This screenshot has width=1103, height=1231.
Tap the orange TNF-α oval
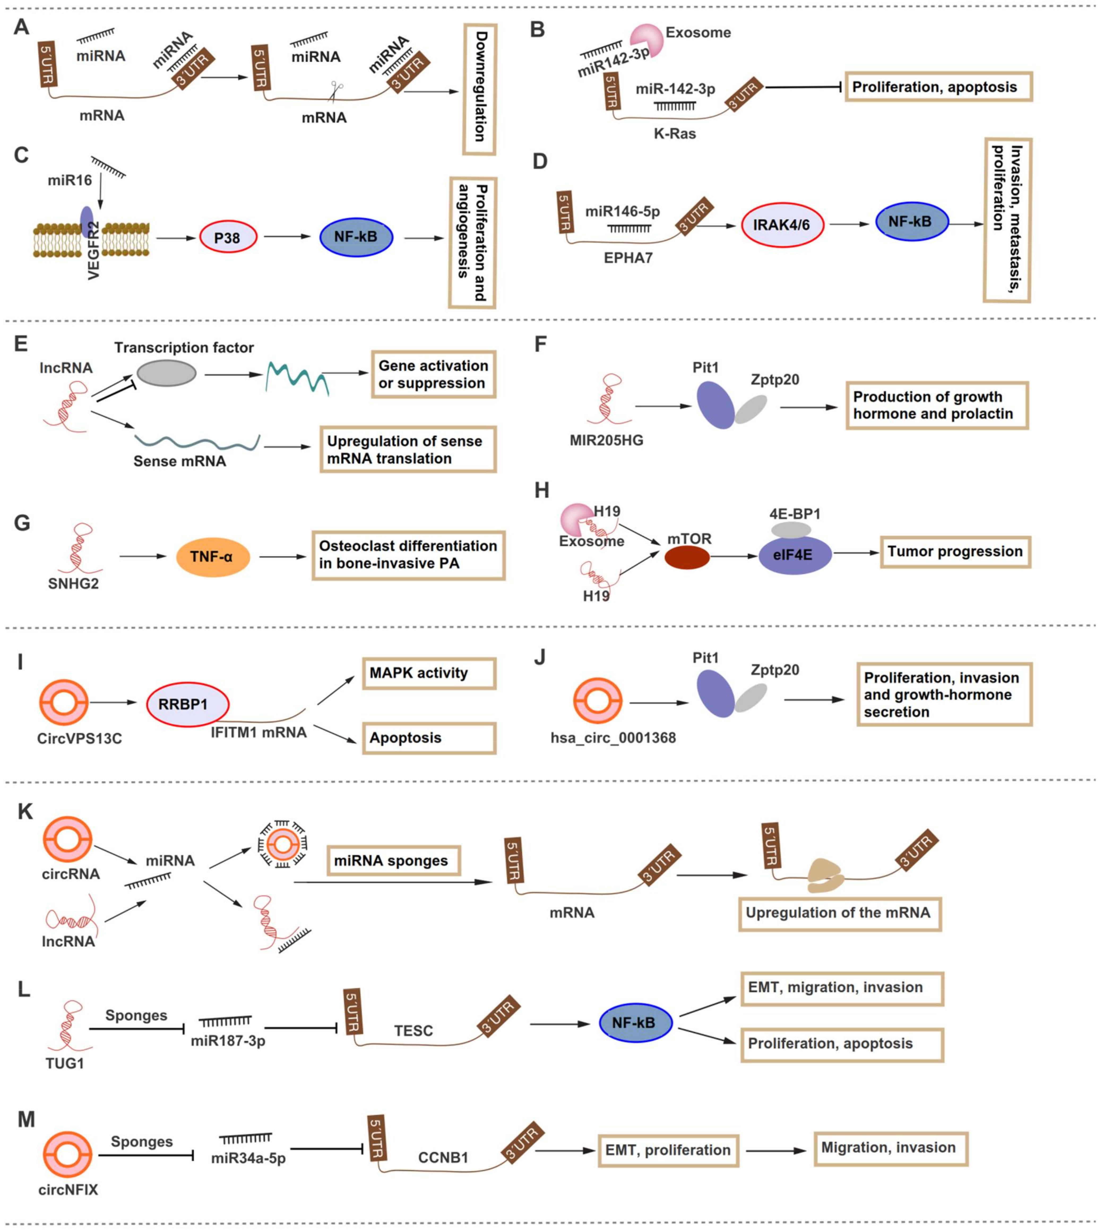(213, 556)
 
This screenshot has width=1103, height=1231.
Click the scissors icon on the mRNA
(335, 91)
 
